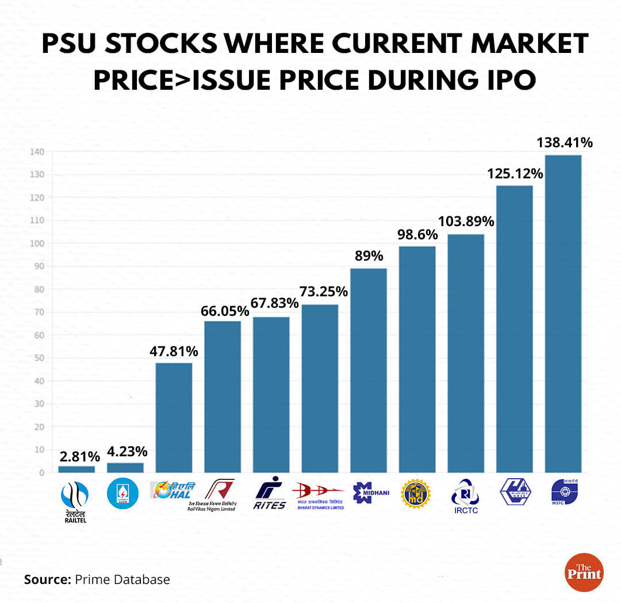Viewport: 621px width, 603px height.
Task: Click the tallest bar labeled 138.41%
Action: click(563, 314)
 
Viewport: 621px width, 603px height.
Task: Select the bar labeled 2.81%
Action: click(76, 470)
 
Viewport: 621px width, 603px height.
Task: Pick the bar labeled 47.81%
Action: click(174, 418)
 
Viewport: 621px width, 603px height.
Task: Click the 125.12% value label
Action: click(515, 173)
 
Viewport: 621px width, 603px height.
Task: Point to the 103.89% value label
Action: click(466, 221)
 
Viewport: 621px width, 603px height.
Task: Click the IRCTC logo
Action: click(465, 497)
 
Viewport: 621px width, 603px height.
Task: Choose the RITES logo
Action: click(270, 493)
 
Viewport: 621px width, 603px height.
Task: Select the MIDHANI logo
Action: click(369, 492)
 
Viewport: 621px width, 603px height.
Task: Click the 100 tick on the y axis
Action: click(38, 243)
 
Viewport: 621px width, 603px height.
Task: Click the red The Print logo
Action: click(584, 572)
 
